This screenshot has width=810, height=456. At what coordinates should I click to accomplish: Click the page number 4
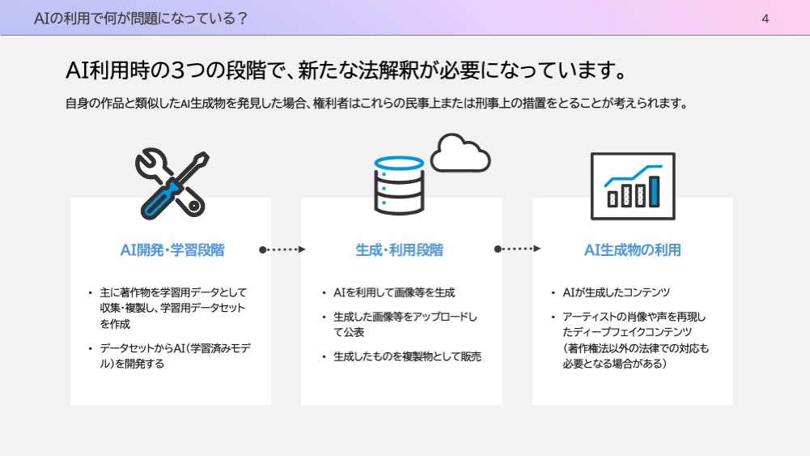pos(765,19)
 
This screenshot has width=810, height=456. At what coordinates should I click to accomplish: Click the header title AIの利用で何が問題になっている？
pos(141,19)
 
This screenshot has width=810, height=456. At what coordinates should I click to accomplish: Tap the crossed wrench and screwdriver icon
pos(172,184)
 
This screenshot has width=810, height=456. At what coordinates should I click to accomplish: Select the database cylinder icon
pos(399,185)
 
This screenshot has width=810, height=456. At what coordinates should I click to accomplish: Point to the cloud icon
pos(460,153)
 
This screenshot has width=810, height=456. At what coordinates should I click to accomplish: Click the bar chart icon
pos(633,186)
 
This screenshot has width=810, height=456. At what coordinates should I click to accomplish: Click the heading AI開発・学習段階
pos(172,250)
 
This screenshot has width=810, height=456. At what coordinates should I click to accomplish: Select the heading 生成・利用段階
pos(399,250)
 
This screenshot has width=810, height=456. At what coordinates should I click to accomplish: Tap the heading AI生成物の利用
pos(632,250)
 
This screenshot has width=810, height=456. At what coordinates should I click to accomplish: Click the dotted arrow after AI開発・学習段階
pos(282,249)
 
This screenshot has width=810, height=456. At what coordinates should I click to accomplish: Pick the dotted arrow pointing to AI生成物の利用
pos(517,249)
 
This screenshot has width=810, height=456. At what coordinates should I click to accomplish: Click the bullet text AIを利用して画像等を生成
pos(394,292)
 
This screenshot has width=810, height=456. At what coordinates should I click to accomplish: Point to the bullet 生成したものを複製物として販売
pos(407,356)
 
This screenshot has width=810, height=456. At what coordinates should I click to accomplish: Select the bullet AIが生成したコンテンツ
pos(617,292)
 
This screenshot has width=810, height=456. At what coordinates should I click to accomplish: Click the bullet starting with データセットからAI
pos(175,356)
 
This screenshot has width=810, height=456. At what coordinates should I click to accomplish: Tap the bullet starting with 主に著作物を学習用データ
pos(173,308)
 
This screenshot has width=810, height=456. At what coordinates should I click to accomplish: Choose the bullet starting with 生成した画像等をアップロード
pos(405,324)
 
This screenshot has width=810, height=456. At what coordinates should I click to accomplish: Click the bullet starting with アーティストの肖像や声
pos(635,340)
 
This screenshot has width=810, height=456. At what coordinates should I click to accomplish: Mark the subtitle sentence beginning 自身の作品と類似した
pos(376,104)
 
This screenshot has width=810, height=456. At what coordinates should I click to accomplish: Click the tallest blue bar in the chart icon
pos(654,192)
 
